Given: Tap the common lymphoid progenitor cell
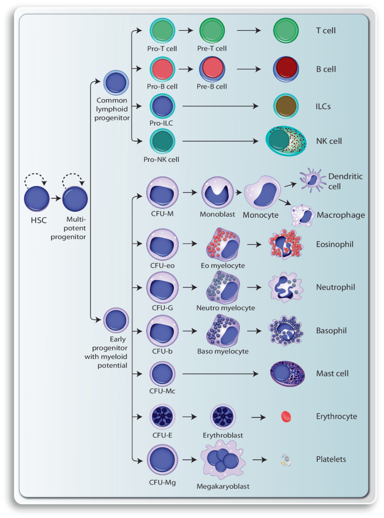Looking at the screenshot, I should click(117, 85).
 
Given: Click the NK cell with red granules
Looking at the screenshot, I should click(286, 142).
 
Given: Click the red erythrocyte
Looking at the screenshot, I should click(286, 416).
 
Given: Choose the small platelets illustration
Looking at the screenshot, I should click(286, 460).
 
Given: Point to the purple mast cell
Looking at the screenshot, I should click(287, 374).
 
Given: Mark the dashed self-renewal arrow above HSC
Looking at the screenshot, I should click(36, 180).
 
